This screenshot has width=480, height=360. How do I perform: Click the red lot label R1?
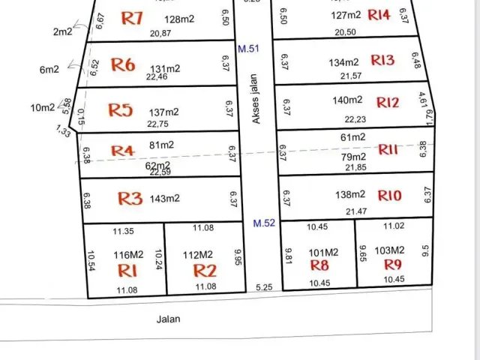[x=127, y=270]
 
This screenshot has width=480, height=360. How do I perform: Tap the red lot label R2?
[x=204, y=271]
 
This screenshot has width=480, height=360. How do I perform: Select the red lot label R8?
[x=319, y=265]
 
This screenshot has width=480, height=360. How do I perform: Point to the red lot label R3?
[x=130, y=199]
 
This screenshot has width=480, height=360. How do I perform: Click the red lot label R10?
[x=390, y=196]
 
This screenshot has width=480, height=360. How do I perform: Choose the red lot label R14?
[x=379, y=15]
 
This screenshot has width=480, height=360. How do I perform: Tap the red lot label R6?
[x=123, y=65]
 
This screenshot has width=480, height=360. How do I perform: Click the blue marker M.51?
[x=248, y=49]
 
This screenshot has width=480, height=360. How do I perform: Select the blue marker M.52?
[x=263, y=223]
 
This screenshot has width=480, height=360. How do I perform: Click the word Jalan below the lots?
[x=169, y=318]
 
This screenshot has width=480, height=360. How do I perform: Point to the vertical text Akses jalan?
[x=255, y=98]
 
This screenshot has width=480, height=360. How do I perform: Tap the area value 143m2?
[x=166, y=198]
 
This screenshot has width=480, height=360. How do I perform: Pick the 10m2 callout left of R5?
[x=42, y=108]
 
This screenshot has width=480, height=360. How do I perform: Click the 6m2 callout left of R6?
[x=49, y=70]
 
